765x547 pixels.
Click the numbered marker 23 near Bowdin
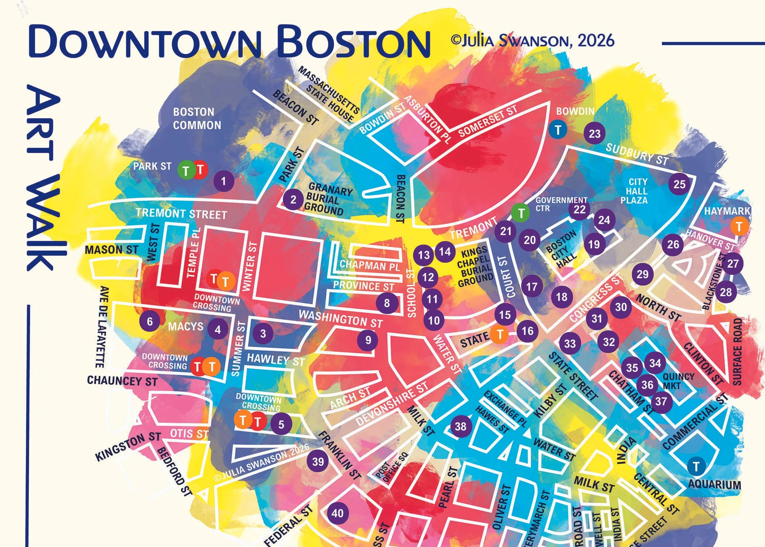[595, 133]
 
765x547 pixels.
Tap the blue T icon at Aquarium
[696, 466]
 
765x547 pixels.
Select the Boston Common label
[197, 118]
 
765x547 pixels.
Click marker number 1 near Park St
[223, 181]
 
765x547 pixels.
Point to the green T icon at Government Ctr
[521, 213]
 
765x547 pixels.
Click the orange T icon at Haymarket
[739, 226]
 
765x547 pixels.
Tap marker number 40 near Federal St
[337, 513]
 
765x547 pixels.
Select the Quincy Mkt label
[679, 381]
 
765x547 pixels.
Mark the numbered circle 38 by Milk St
[460, 427]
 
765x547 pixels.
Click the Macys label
[185, 326]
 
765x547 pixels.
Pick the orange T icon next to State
[500, 334]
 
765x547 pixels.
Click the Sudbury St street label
[637, 154]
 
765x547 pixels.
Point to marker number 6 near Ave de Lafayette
[150, 321]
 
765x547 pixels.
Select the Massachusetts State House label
[329, 94]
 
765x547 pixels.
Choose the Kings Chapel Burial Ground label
[475, 267]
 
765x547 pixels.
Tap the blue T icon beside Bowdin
[558, 130]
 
